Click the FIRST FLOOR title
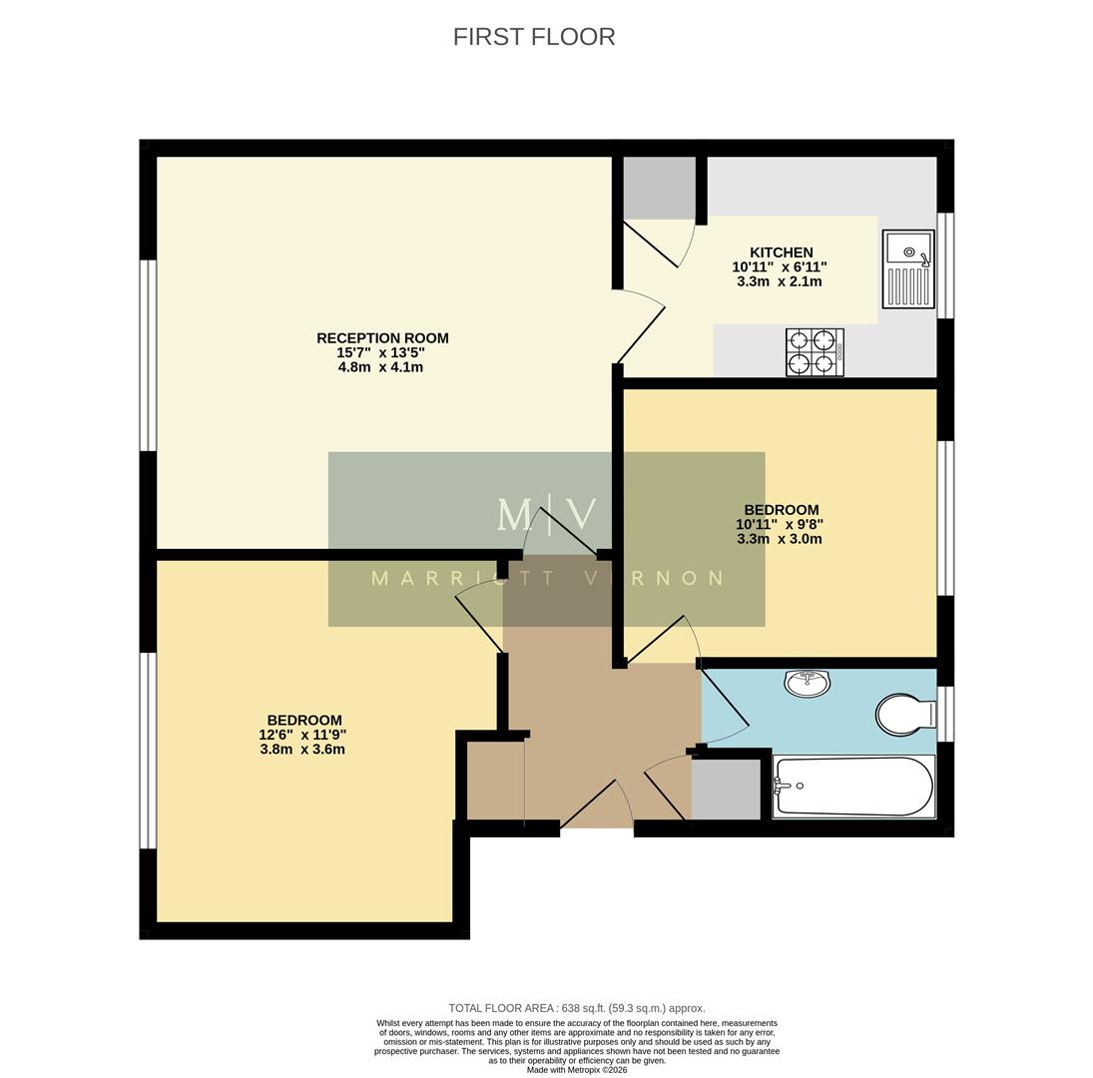(534, 37)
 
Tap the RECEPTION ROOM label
(382, 338)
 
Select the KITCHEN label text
(781, 253)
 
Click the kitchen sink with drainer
(908, 269)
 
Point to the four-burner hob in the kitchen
(815, 352)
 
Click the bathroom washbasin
(807, 683)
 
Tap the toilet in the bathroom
(904, 715)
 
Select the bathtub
(854, 787)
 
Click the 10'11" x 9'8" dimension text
(780, 524)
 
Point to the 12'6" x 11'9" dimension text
(302, 735)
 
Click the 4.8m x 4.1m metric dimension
(380, 366)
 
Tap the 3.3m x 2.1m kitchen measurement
(780, 281)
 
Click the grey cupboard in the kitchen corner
(659, 188)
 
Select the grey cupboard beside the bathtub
(727, 789)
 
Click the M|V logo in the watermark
(547, 515)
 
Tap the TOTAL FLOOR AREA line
(577, 1008)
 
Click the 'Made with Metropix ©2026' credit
(577, 1069)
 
